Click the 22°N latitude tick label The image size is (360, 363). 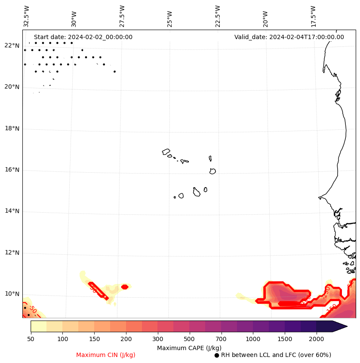(x=12, y=46)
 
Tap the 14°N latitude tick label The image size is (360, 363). (x=12, y=211)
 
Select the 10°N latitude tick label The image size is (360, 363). (x=12, y=294)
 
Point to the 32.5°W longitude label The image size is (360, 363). (x=27, y=16)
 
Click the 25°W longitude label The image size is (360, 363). (x=170, y=16)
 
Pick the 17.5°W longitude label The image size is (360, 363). (x=313, y=16)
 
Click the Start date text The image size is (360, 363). (x=83, y=37)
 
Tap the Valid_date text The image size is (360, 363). (x=289, y=37)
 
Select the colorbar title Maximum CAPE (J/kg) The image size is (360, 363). (x=189, y=348)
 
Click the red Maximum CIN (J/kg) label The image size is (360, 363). (x=106, y=355)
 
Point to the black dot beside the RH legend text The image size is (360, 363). (x=217, y=355)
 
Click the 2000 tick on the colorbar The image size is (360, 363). (x=317, y=339)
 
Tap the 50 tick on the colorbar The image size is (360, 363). (x=31, y=339)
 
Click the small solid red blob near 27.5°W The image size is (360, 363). (x=125, y=287)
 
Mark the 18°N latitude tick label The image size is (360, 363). (x=12, y=128)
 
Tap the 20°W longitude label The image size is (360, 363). (x=265, y=16)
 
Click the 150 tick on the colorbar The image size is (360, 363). (x=94, y=339)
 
